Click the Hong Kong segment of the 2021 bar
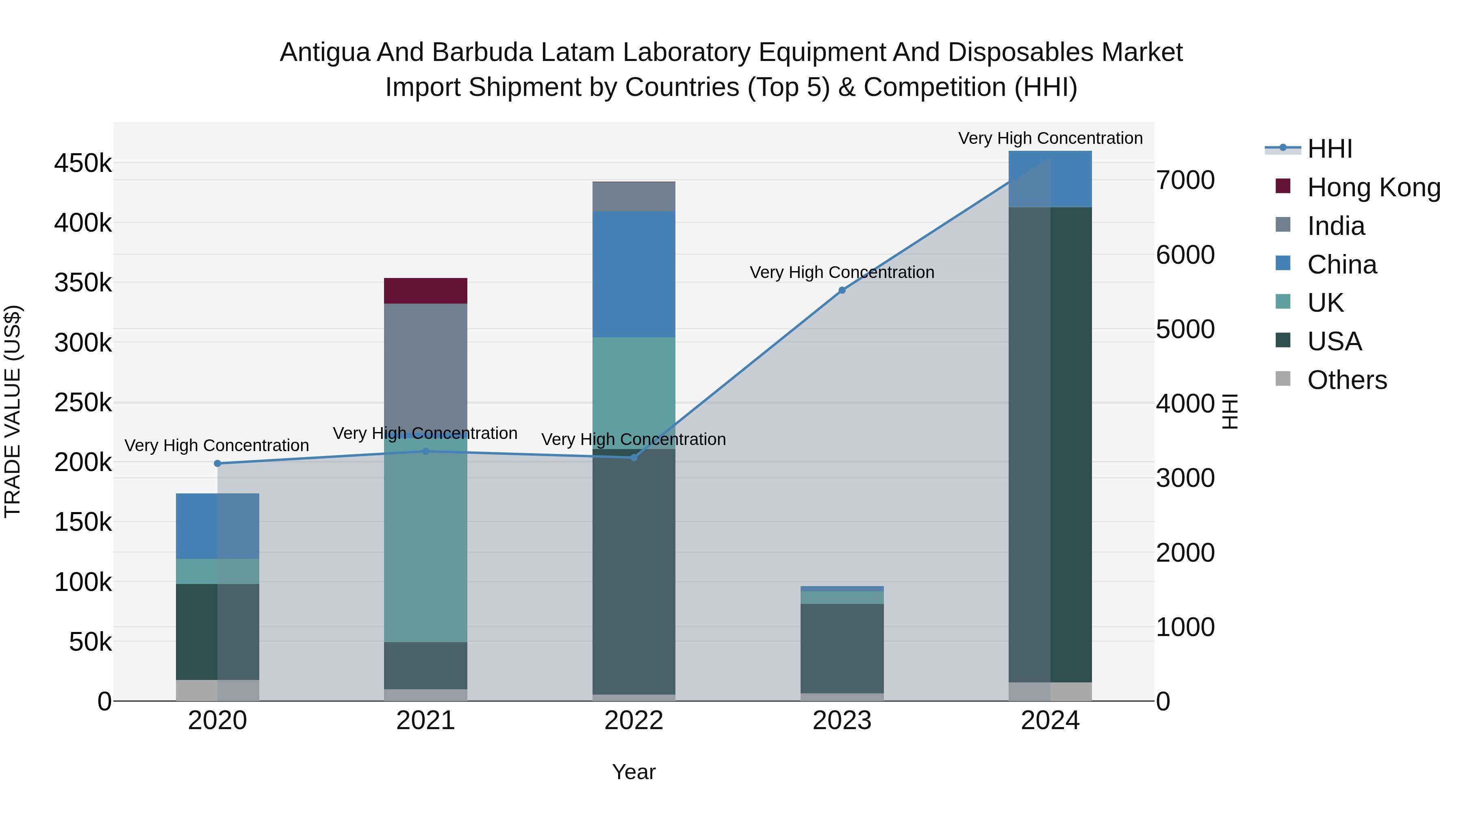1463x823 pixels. coord(425,291)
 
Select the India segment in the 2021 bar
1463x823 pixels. coord(425,363)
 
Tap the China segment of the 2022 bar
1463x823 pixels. coord(634,274)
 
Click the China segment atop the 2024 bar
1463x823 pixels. coord(1050,179)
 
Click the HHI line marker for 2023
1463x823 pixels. coord(842,290)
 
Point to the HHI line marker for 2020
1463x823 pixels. coord(217,463)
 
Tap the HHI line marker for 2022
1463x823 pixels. coord(634,457)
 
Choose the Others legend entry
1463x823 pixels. coord(1346,380)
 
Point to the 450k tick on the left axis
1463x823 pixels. coord(83,163)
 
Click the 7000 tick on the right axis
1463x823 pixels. coord(1185,180)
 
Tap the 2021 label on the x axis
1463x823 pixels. coord(425,721)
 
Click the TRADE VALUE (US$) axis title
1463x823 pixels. coord(13,411)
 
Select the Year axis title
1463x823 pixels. coord(634,772)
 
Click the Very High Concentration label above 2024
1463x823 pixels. coord(1050,138)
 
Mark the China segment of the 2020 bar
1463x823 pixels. coord(217,526)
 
